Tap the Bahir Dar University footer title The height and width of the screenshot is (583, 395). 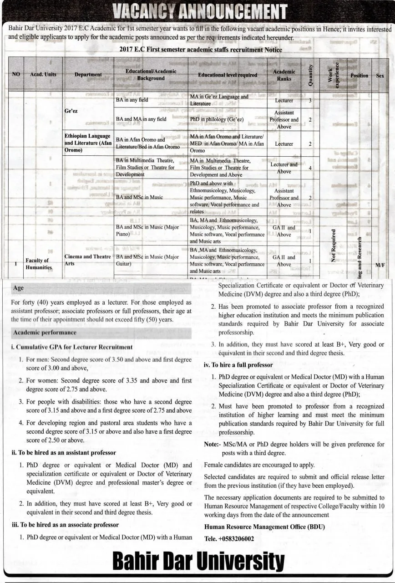pyautogui.click(x=198, y=562)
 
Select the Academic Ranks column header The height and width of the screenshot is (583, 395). pyautogui.click(x=284, y=75)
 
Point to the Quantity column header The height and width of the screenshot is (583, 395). pyautogui.click(x=311, y=75)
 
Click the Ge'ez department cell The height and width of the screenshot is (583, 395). pyautogui.click(x=71, y=110)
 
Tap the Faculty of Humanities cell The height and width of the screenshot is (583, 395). pyautogui.click(x=38, y=264)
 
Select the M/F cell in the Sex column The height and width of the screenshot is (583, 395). pyautogui.click(x=380, y=264)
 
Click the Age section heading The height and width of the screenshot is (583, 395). pyautogui.click(x=19, y=288)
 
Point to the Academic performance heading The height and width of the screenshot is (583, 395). pyautogui.click(x=45, y=332)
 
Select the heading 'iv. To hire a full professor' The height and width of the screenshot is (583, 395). pyautogui.click(x=238, y=365)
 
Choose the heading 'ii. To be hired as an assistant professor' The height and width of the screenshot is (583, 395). pyautogui.click(x=64, y=453)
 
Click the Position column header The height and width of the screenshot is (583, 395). pyautogui.click(x=359, y=75)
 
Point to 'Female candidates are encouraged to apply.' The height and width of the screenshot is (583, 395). pyautogui.click(x=259, y=465)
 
